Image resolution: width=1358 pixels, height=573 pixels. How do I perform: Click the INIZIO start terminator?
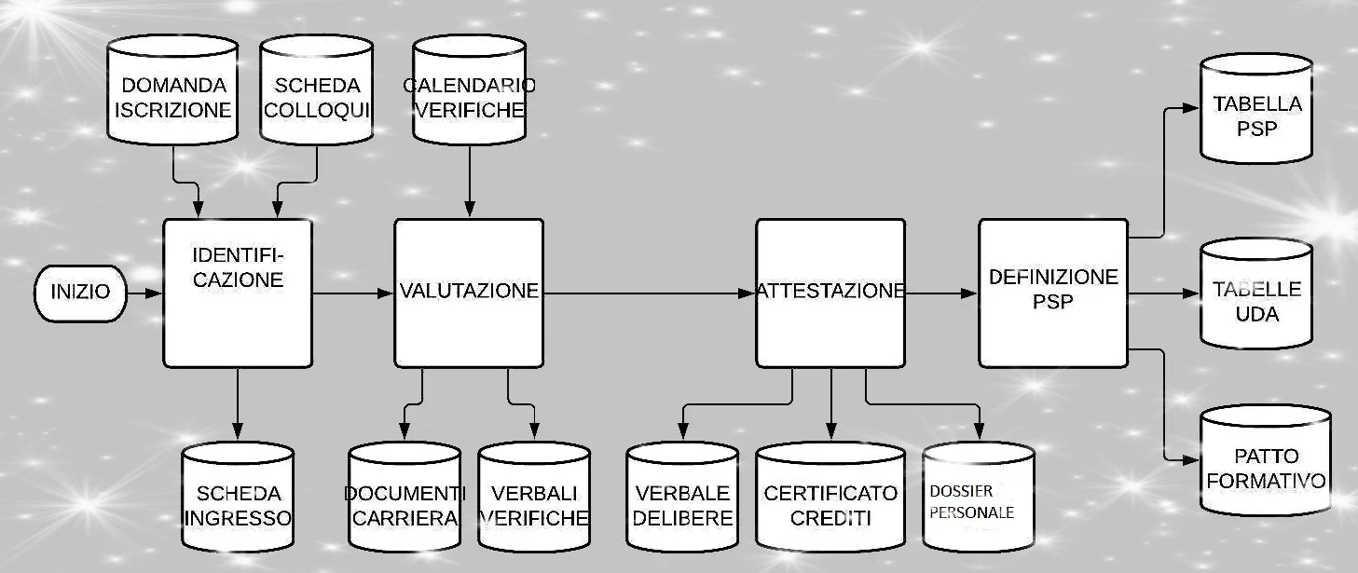click(80, 292)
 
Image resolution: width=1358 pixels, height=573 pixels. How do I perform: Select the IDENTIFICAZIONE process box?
click(238, 293)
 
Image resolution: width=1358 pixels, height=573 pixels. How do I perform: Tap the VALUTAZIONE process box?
click(469, 293)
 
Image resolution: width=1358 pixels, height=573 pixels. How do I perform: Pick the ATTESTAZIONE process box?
click(830, 293)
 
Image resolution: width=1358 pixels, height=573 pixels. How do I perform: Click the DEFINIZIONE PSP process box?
click(1053, 293)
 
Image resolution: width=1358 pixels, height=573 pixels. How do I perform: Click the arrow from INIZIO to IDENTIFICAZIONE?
click(144, 293)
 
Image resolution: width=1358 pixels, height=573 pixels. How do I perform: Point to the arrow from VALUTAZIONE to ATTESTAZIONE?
click(649, 293)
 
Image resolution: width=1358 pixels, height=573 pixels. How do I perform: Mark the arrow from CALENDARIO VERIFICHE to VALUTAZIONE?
click(469, 182)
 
